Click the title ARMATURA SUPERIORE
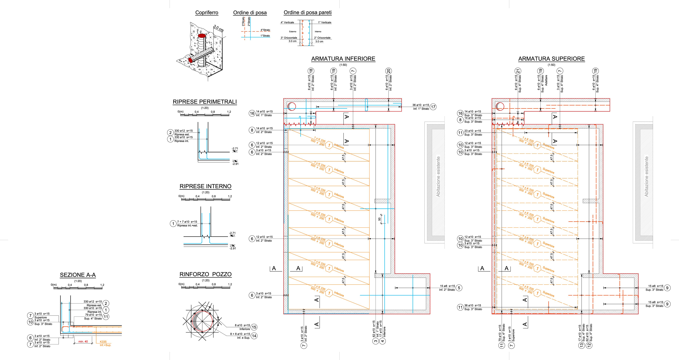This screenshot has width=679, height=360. click(551, 59)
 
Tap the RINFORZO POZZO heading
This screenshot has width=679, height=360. click(205, 274)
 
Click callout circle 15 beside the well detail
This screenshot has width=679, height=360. click(254, 327)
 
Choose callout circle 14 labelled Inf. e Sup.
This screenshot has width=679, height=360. click(254, 336)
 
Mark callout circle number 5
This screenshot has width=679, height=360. click(459, 288)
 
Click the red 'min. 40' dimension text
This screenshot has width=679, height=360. click(83, 342)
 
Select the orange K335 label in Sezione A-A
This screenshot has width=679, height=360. click(103, 342)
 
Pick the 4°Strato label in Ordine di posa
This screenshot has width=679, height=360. click(265, 30)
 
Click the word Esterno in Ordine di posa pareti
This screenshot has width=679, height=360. click(293, 32)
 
